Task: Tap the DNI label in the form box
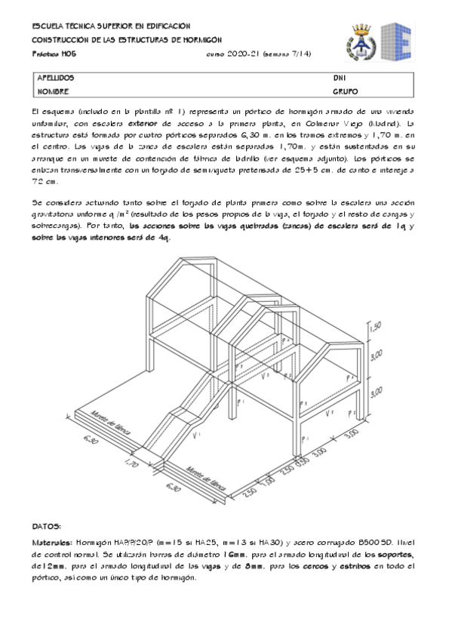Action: coord(339,78)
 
